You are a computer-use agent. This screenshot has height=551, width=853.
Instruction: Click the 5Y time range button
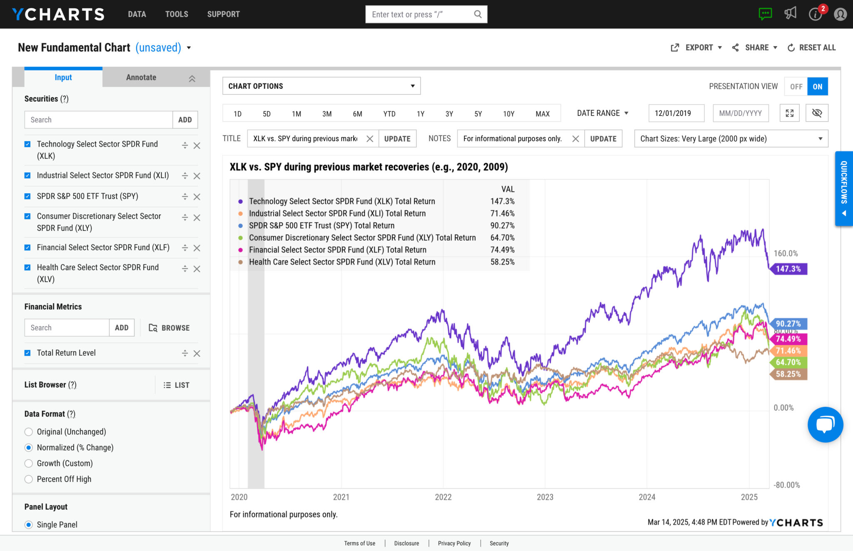point(478,114)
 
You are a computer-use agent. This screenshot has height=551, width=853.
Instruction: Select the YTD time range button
point(389,114)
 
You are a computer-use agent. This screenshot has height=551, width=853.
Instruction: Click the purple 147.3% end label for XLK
point(788,269)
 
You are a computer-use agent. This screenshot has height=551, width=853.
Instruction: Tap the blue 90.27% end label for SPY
point(788,324)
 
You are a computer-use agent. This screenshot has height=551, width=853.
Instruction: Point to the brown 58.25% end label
point(788,374)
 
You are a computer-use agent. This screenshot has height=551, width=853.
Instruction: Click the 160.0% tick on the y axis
point(786,253)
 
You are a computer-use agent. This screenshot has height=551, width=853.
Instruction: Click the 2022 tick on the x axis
point(443,497)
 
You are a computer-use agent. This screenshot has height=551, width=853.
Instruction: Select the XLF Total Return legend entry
point(337,250)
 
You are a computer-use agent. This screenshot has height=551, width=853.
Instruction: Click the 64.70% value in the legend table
point(502,238)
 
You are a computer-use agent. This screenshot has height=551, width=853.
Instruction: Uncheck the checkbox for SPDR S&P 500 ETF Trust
point(27,196)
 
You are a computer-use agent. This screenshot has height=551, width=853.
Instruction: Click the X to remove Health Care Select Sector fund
point(197,269)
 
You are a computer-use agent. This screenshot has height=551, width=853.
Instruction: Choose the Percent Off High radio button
point(29,479)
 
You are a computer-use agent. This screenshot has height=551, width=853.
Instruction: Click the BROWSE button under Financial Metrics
point(169,328)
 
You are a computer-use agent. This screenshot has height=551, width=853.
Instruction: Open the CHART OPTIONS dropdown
point(321,86)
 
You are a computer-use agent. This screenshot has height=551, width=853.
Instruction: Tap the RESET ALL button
point(811,47)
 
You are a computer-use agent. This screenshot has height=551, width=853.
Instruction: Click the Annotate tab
point(141,77)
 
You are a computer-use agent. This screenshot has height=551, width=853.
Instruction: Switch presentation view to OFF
point(796,87)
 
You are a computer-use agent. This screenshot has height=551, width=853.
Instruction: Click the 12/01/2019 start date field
point(676,113)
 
